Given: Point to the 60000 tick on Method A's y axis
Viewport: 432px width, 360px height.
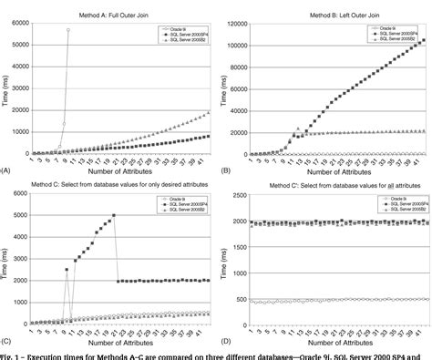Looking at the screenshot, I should point(19,21).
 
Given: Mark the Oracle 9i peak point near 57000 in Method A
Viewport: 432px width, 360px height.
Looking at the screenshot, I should point(67,30).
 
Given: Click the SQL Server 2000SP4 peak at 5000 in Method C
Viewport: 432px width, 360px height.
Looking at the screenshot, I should point(114,215).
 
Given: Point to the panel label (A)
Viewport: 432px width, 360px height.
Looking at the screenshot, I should point(6,170).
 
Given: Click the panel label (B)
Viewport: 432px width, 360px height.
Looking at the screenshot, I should point(225,170).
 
